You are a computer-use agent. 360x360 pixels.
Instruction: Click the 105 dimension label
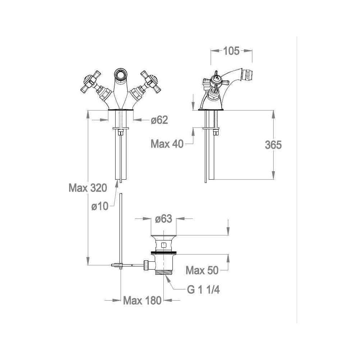click(x=231, y=51)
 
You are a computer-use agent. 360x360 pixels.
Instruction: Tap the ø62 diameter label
click(x=159, y=120)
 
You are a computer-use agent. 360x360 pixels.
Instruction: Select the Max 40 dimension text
click(x=167, y=144)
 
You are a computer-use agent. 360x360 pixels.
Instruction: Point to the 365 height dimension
click(x=273, y=145)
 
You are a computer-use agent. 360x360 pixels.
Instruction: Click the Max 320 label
click(x=88, y=188)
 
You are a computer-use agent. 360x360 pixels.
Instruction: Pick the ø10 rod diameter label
click(x=100, y=206)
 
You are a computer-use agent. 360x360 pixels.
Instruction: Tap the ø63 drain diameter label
click(x=163, y=219)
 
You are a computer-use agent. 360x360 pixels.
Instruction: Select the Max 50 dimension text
click(x=202, y=270)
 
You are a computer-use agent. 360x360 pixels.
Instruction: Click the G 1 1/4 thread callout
click(x=203, y=290)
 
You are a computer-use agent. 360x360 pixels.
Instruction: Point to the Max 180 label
click(x=142, y=301)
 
